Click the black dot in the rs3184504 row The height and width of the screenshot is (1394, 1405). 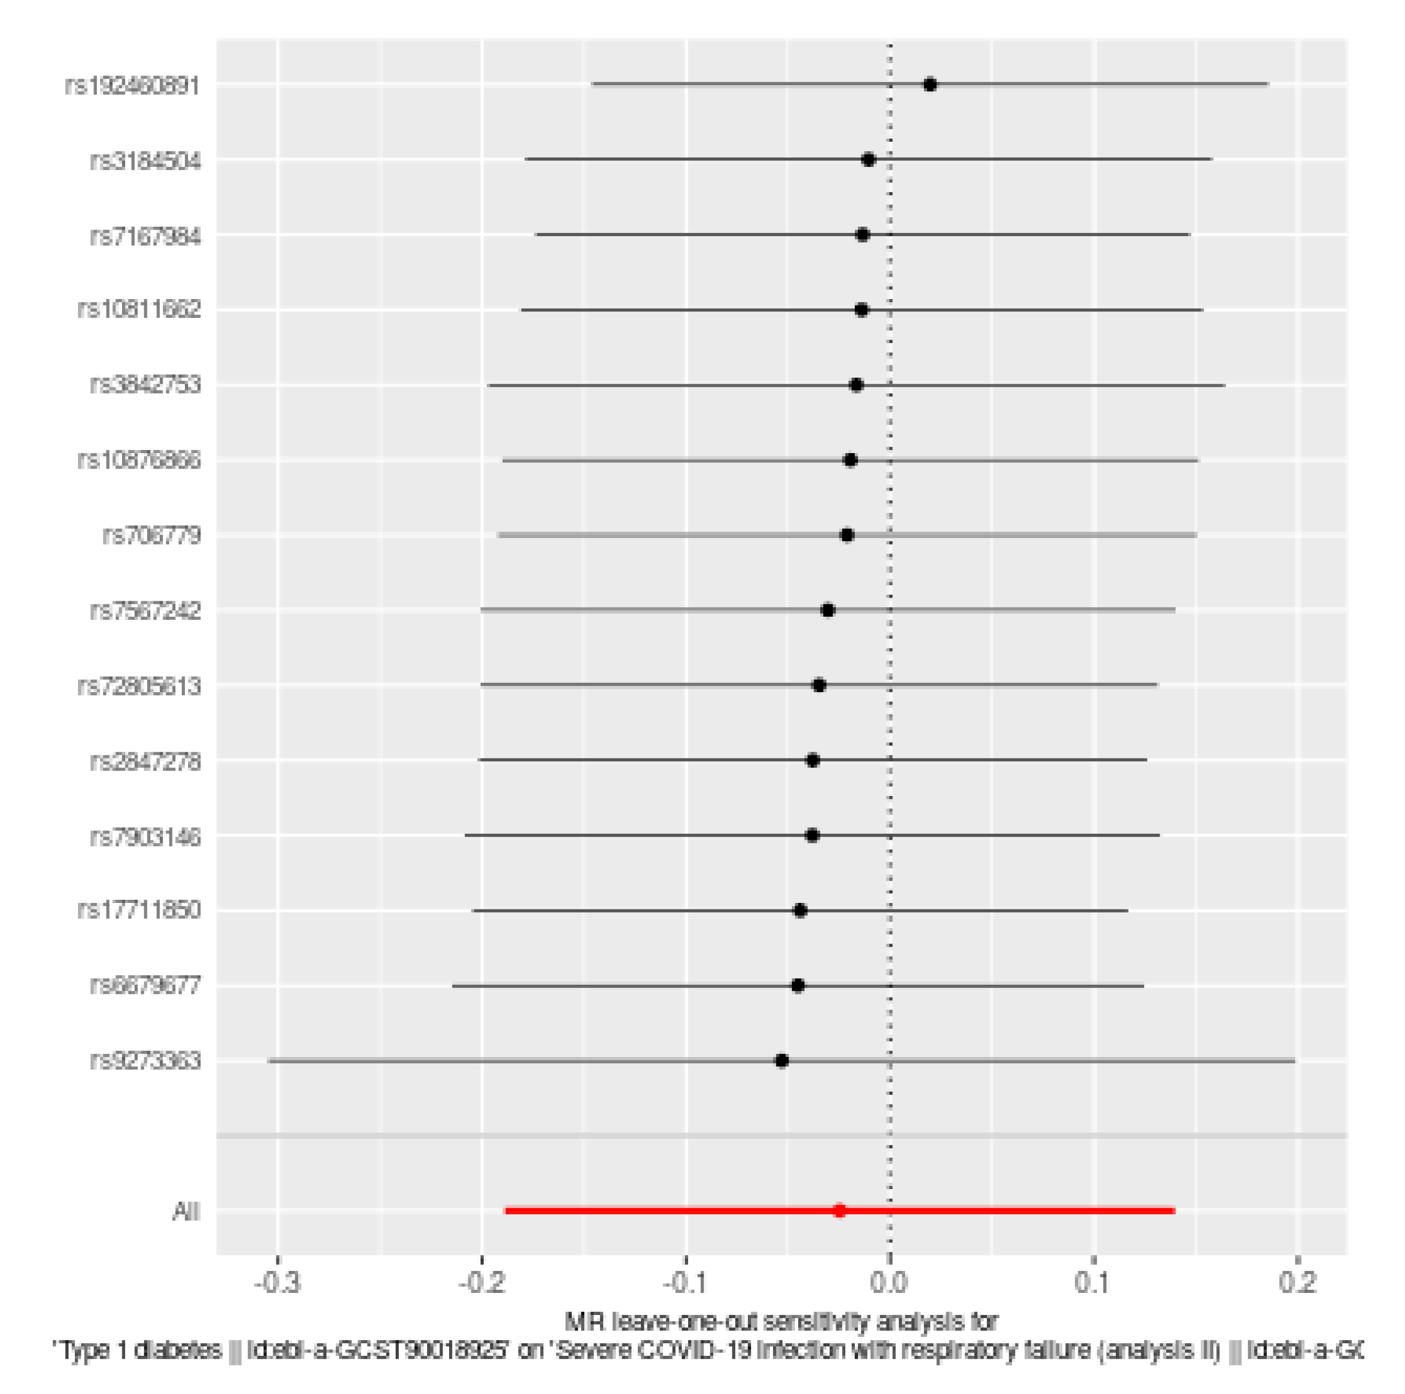tap(868, 160)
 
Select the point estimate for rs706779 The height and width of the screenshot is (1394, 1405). tap(846, 535)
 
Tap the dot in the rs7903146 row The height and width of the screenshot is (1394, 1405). tap(812, 835)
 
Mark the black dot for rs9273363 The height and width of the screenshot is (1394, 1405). tap(782, 1061)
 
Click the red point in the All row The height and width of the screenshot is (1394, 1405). tap(839, 1211)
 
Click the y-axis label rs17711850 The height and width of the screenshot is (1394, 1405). tap(139, 910)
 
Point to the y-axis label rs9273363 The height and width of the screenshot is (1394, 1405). tap(145, 1061)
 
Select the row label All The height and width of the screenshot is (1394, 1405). tap(186, 1212)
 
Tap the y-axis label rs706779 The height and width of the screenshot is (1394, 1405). tap(151, 535)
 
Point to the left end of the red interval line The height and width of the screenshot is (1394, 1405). tap(506, 1211)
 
